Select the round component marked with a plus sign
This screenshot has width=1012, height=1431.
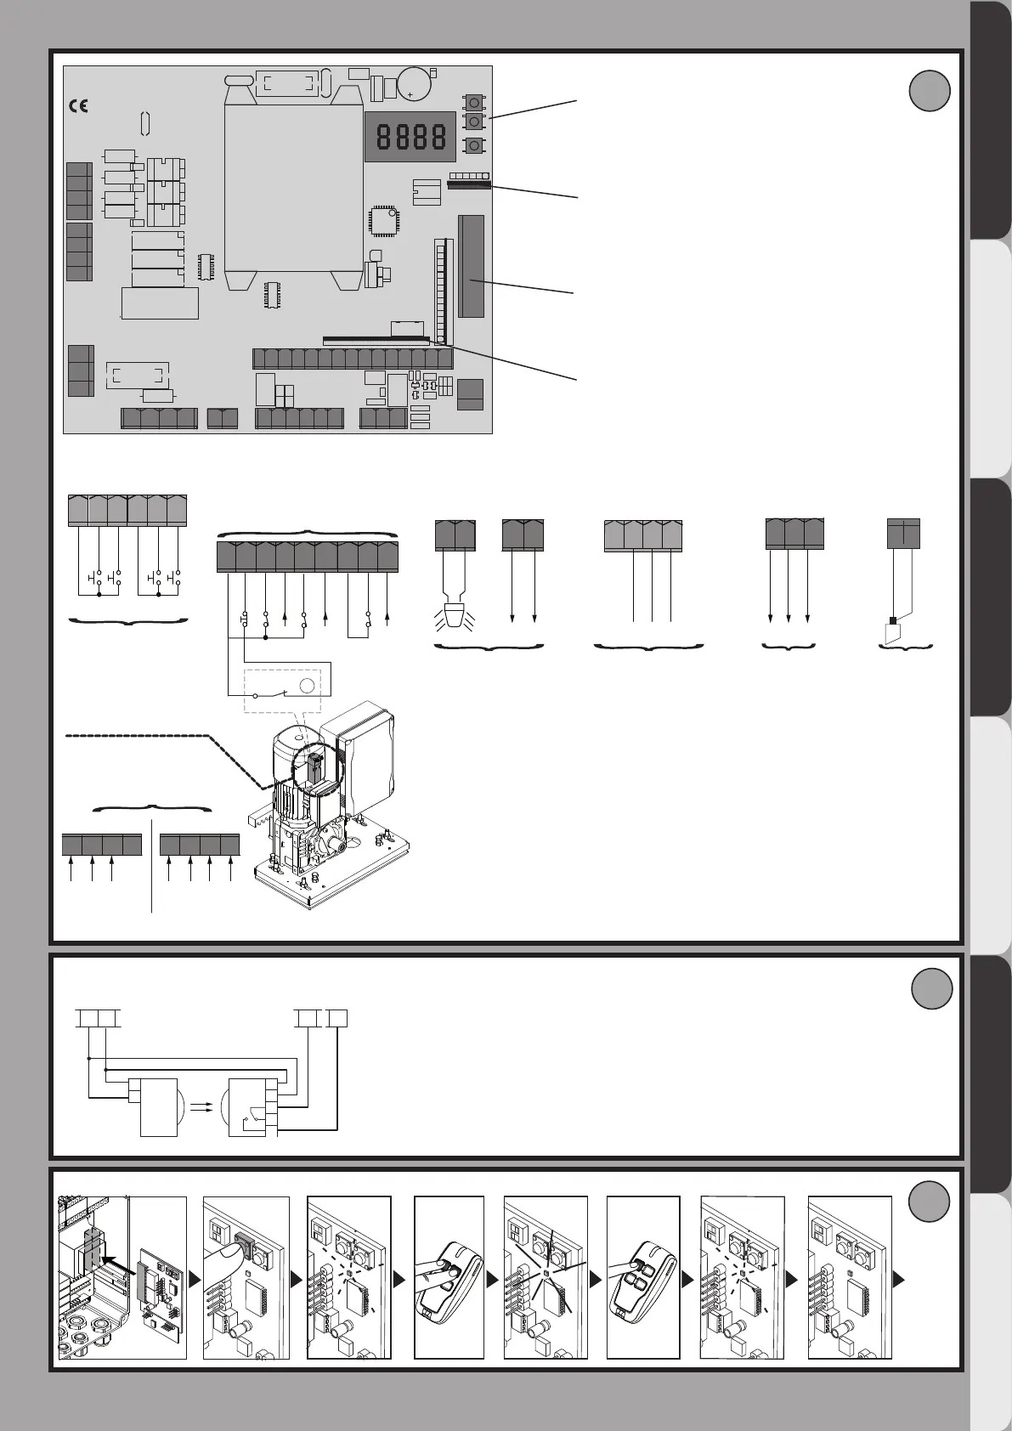[415, 83]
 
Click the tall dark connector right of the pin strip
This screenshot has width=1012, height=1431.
[471, 266]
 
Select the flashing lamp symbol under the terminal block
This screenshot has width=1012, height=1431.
[455, 618]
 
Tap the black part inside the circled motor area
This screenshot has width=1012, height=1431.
[314, 766]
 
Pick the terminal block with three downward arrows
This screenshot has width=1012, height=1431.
[794, 533]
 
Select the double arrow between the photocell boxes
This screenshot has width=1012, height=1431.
[202, 1106]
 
